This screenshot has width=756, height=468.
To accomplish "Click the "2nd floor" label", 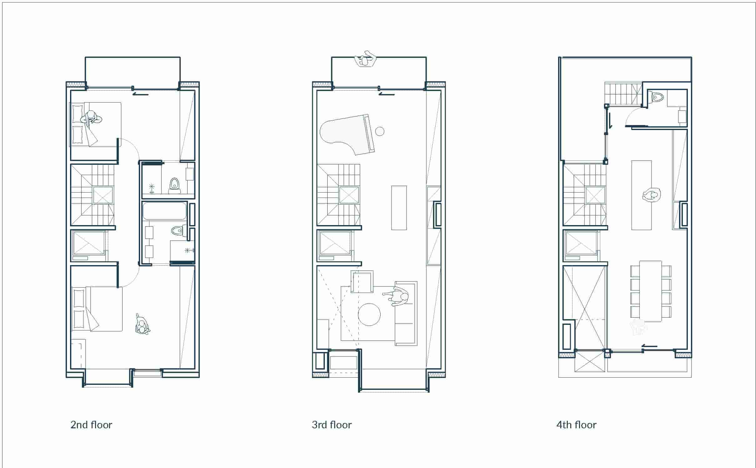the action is [91, 425].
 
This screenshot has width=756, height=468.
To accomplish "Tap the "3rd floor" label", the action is [331, 425].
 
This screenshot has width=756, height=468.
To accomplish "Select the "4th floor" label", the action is [576, 425].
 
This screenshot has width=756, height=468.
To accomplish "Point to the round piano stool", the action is [380, 131].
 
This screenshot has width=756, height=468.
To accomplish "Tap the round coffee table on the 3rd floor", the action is [369, 315].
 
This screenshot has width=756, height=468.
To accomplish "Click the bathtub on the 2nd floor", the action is [164, 211].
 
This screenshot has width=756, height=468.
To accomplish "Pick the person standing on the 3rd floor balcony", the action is [365, 59].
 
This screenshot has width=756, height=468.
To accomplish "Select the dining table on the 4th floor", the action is [651, 291].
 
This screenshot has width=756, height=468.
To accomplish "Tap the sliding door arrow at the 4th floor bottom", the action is [649, 346].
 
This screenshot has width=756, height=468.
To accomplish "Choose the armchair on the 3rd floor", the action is [362, 282].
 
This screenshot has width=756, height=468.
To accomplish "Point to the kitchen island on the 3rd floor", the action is [399, 208].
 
